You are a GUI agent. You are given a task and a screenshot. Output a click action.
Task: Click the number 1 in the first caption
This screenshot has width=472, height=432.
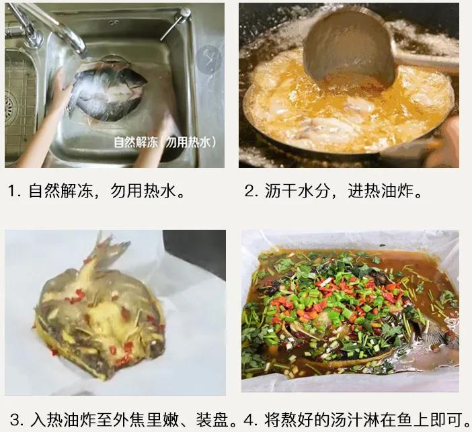point(12,191)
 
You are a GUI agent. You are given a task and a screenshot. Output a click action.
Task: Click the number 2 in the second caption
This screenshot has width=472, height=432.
point(249,191)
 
